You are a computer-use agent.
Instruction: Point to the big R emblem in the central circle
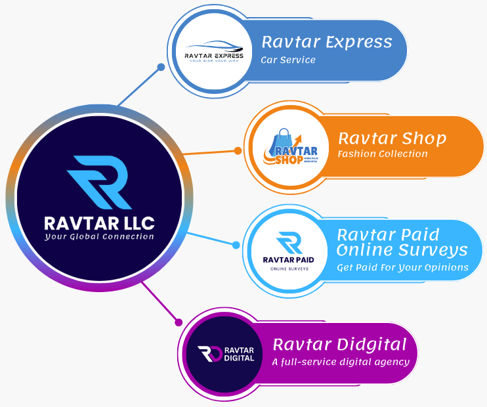click(100, 181)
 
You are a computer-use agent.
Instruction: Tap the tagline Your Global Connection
click(99, 236)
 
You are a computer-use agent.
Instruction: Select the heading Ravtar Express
click(327, 43)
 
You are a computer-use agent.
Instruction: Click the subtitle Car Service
click(288, 60)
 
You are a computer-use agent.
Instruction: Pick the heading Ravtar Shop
click(392, 139)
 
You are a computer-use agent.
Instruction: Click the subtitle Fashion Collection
click(382, 154)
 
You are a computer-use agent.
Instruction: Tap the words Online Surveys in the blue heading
click(402, 250)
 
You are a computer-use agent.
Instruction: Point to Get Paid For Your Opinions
click(402, 267)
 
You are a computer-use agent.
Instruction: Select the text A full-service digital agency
click(341, 362)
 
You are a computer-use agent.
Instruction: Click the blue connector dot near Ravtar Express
click(161, 67)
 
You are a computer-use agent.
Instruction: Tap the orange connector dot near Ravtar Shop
click(238, 151)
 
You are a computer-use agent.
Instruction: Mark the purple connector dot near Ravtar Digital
click(178, 322)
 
